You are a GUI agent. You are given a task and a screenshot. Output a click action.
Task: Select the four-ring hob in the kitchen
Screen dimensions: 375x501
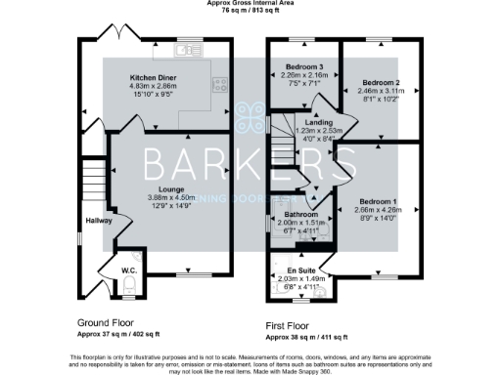click(x=220, y=84)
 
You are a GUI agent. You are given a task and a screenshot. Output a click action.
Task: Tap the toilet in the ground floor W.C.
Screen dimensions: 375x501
click(x=129, y=284)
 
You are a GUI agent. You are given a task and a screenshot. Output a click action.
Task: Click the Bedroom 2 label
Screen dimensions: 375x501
click(x=376, y=83)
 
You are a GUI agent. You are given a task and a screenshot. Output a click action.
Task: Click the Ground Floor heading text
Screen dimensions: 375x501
click(x=106, y=321)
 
